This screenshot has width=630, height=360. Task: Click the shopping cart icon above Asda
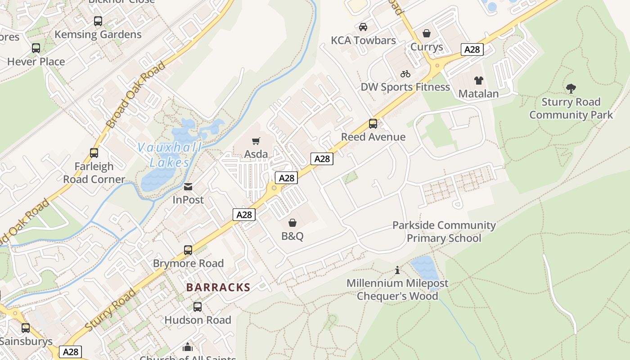[256, 141]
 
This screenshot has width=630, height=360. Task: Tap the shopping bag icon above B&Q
[292, 223]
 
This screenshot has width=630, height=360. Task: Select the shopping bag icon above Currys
[427, 34]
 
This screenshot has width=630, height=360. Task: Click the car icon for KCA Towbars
[363, 27]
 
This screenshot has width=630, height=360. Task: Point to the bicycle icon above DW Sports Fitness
[405, 74]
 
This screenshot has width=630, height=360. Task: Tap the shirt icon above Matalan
[478, 81]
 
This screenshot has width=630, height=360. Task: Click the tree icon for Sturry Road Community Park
[571, 89]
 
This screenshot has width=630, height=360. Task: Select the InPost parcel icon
[188, 187]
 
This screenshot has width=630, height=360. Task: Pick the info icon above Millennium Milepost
[397, 270]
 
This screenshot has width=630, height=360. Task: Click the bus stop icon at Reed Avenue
[373, 124]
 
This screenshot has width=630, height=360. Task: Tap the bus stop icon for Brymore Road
[188, 250]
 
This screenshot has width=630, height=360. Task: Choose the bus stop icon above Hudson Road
[198, 307]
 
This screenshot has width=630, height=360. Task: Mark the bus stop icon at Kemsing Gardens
[98, 21]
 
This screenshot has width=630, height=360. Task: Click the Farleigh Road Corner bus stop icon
[94, 153]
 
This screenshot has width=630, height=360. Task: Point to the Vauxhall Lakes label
[169, 155]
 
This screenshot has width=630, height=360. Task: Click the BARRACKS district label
[218, 288]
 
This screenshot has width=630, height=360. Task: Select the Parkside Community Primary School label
[444, 231]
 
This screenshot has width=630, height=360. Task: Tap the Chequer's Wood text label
[397, 296]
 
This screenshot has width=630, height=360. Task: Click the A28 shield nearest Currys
[472, 49]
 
